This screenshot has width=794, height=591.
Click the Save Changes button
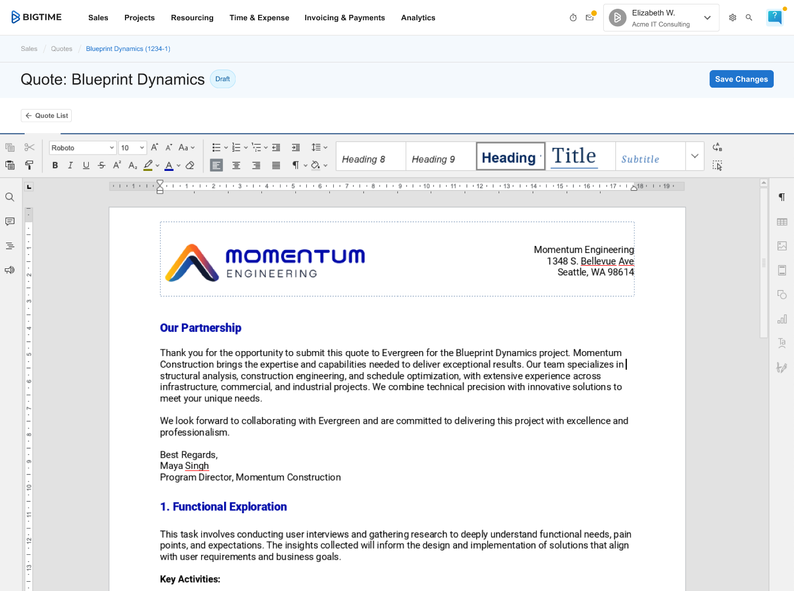tap(741, 79)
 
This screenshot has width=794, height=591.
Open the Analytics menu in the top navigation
tap(418, 18)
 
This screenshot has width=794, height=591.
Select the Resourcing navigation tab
tap(192, 18)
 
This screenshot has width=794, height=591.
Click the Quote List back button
tap(47, 116)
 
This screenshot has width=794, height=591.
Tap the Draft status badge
tap(222, 79)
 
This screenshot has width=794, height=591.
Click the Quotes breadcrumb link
tap(61, 49)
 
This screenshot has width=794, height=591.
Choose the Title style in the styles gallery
tap(574, 157)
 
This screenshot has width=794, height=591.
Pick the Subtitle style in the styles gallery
tap(640, 159)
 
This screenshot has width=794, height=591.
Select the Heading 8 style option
tap(364, 159)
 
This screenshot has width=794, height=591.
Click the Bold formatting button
tap(55, 165)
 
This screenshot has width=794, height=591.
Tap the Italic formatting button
tap(70, 165)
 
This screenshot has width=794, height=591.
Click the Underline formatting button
tap(86, 165)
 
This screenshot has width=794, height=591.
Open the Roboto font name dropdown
tap(83, 148)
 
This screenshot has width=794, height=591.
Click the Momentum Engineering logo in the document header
tap(265, 262)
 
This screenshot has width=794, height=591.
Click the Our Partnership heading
tap(201, 328)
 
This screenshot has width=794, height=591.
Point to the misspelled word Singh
tap(197, 466)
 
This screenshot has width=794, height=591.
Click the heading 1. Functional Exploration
tap(224, 507)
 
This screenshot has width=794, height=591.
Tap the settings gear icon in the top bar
tap(733, 18)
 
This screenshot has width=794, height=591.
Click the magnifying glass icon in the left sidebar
tap(10, 197)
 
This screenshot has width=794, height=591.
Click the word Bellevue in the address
tap(598, 261)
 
